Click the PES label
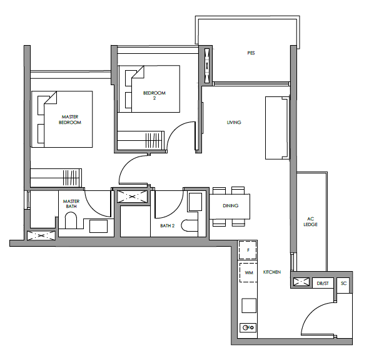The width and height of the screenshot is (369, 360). tap(251, 53)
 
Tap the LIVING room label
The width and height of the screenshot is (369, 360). tap(234, 122)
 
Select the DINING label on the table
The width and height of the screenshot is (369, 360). tap(230, 206)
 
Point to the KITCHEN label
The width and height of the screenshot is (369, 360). tap(272, 272)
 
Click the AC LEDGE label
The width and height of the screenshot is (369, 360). tap(310, 222)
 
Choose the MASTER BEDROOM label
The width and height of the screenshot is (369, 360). tap(70, 120)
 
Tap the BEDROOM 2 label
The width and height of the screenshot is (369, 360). tap(154, 95)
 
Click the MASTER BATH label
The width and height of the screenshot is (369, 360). tap(71, 204)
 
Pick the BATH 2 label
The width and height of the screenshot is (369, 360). tap(168, 226)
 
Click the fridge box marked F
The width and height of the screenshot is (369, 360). tap(248, 250)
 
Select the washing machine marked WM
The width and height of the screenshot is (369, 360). tap(248, 272)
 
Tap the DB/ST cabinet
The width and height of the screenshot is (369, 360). tap(323, 283)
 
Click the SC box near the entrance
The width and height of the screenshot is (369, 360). tap(344, 283)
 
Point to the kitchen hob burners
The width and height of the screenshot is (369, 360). tap(248, 327)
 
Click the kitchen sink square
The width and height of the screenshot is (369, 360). tap(249, 306)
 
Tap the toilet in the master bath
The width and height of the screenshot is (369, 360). tap(71, 220)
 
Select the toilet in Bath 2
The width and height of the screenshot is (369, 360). tap(190, 225)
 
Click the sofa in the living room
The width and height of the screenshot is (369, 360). tap(277, 128)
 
